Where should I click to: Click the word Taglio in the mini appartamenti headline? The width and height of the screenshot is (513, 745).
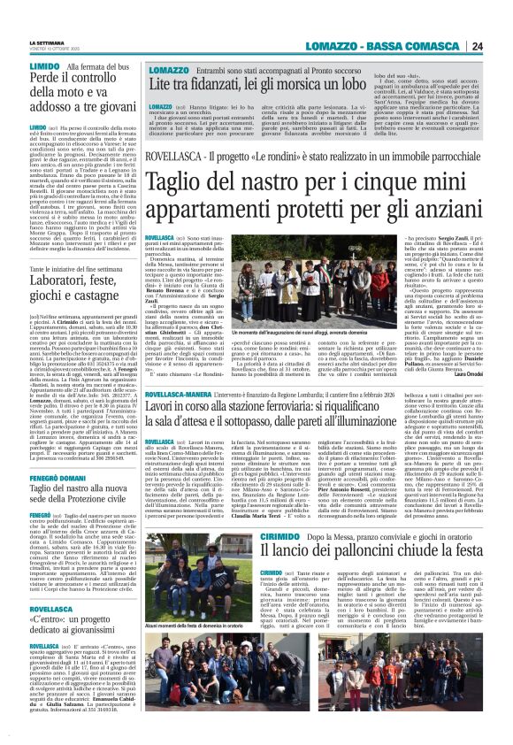click(176, 184)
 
